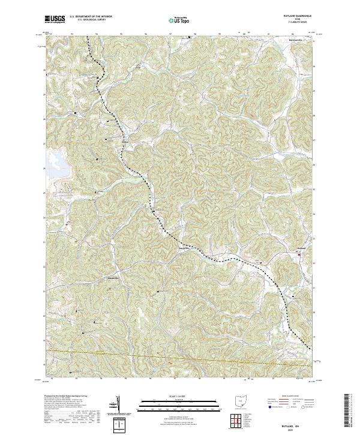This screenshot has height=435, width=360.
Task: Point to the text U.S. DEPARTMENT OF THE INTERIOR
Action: pos(91,17)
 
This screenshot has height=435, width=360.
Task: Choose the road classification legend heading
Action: pos(290,397)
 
